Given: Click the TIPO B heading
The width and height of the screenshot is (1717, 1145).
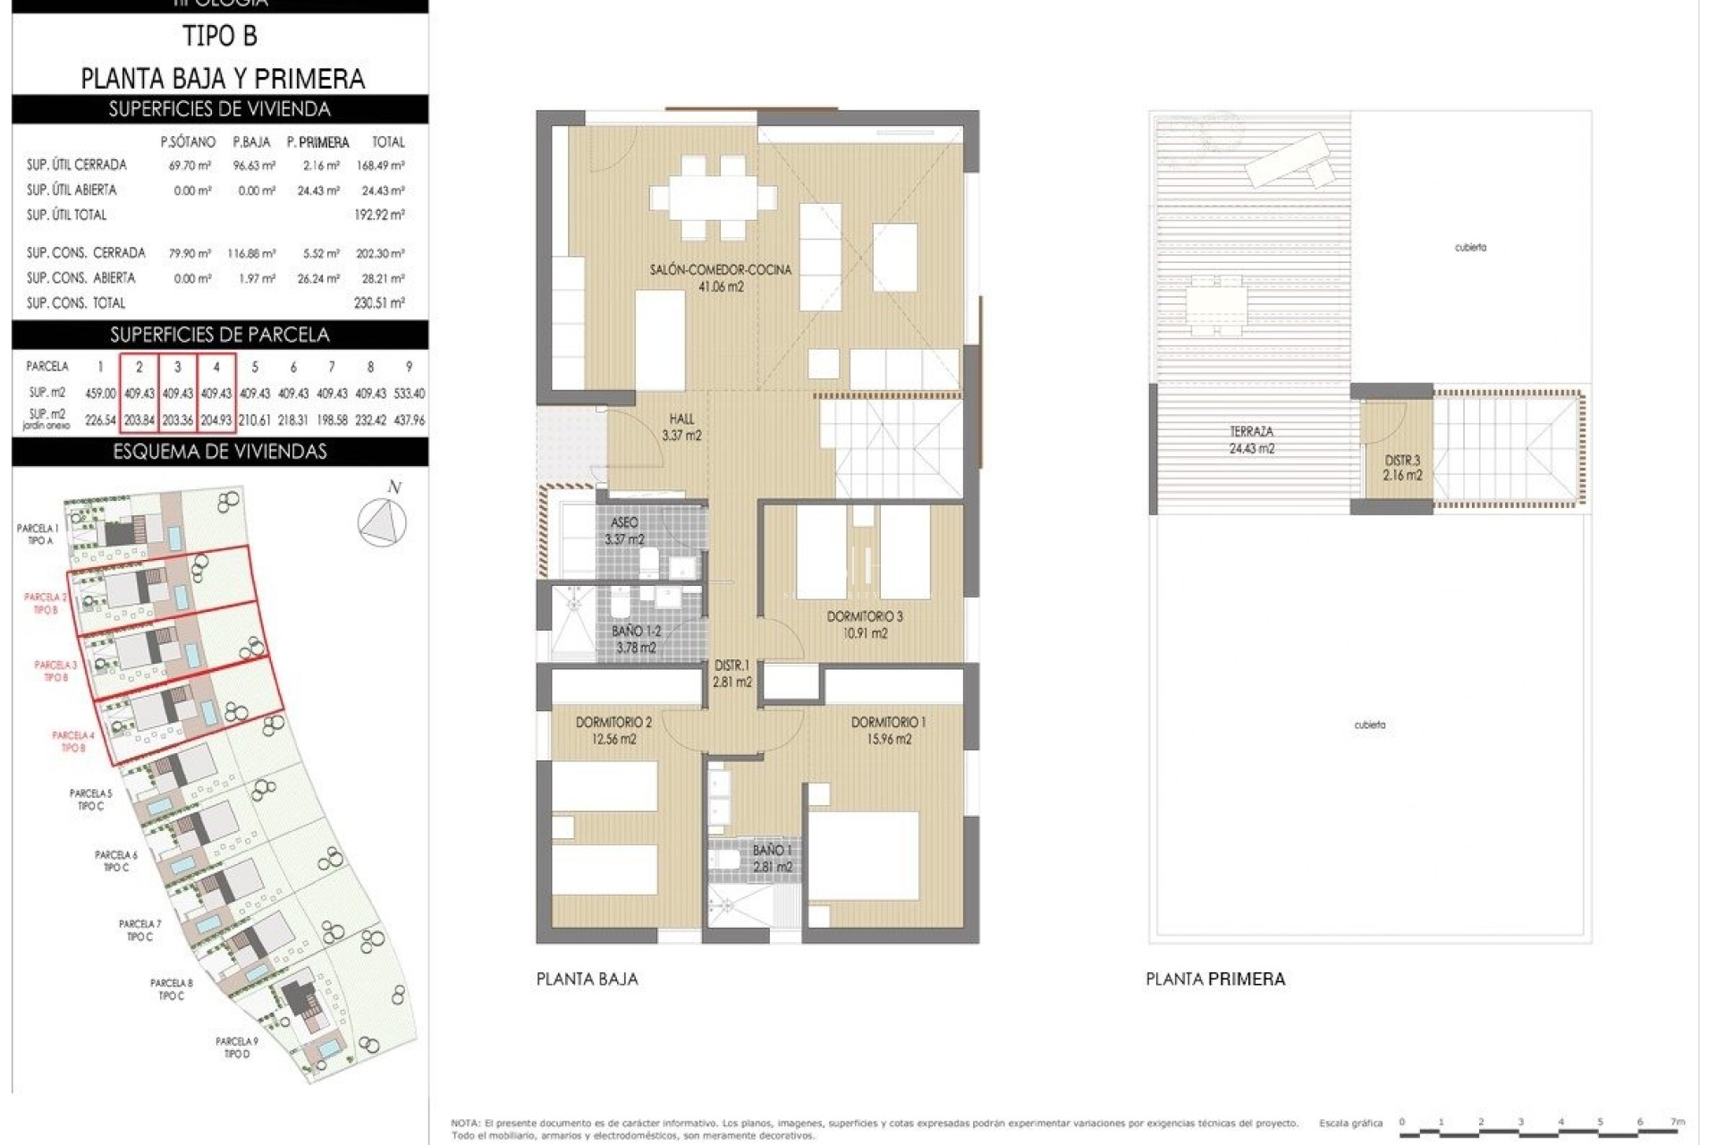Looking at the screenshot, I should click(219, 36).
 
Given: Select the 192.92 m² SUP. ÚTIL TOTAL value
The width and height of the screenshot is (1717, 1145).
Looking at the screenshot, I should click(379, 215).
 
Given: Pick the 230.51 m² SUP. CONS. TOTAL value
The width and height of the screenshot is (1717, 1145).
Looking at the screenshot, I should click(379, 303).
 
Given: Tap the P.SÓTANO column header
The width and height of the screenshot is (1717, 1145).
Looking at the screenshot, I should click(188, 142).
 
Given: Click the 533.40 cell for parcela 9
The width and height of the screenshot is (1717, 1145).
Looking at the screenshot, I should click(409, 394).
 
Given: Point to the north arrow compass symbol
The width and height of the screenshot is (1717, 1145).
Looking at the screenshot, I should click(382, 522).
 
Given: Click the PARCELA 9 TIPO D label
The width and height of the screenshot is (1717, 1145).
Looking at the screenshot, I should click(237, 1047).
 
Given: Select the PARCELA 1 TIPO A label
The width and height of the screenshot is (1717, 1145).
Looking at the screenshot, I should click(37, 534).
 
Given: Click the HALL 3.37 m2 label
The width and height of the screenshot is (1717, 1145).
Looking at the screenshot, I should click(681, 427).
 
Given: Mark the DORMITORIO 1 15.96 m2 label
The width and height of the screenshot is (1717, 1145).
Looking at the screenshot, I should click(888, 730).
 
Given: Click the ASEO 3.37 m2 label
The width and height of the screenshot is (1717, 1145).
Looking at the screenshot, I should click(624, 530).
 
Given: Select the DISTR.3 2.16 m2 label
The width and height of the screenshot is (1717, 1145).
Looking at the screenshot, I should click(1402, 468).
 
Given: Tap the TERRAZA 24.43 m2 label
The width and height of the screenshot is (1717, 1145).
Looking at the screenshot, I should click(1251, 440).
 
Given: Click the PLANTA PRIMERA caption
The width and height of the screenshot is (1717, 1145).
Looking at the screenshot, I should click(1215, 980).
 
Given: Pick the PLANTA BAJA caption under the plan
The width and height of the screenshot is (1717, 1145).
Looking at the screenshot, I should click(587, 980).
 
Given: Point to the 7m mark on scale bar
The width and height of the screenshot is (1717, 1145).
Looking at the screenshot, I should click(1677, 1122).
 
